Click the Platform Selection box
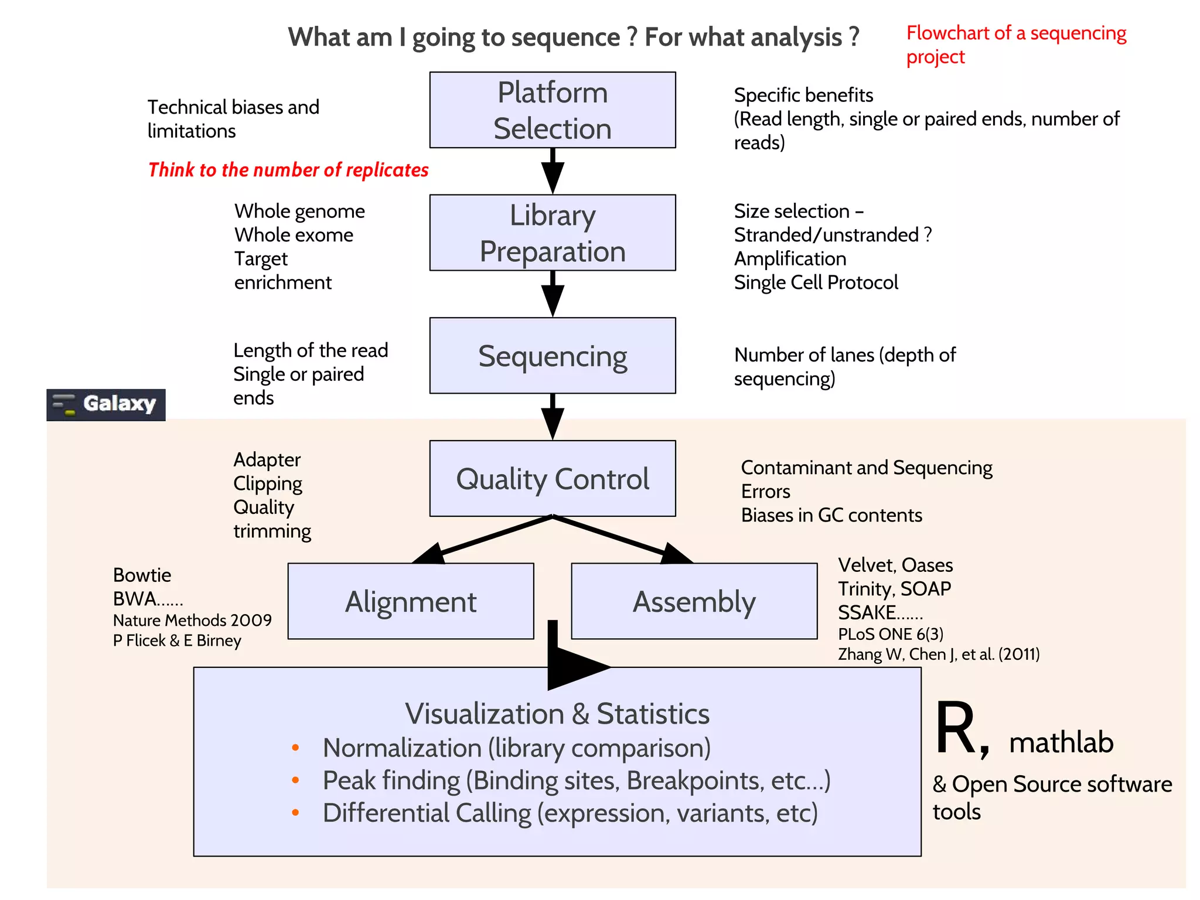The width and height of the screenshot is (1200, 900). coord(552,110)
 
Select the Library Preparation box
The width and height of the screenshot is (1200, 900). coord(552,233)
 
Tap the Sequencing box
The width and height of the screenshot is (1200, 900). coord(552,356)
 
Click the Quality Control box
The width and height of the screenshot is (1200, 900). coord(552,478)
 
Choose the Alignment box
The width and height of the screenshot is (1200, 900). coord(410,601)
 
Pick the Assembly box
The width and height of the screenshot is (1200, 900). coord(694,601)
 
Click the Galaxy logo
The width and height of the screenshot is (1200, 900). coord(106,404)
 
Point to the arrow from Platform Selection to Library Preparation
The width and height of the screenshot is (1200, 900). coord(552,171)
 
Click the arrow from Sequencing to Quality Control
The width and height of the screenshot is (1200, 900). coord(552,417)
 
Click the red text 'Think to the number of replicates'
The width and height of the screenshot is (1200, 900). coord(288,170)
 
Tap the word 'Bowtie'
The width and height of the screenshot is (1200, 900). coord(142,575)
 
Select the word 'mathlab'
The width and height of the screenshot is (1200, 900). coord(1061,742)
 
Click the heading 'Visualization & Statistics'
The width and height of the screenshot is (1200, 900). coord(557,714)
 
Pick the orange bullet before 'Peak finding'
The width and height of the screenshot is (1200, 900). coord(295,780)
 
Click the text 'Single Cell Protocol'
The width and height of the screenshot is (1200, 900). coord(816,282)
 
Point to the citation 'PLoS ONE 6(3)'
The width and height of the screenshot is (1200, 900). coord(891,634)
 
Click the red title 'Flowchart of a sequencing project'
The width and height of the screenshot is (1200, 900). coord(1015,45)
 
